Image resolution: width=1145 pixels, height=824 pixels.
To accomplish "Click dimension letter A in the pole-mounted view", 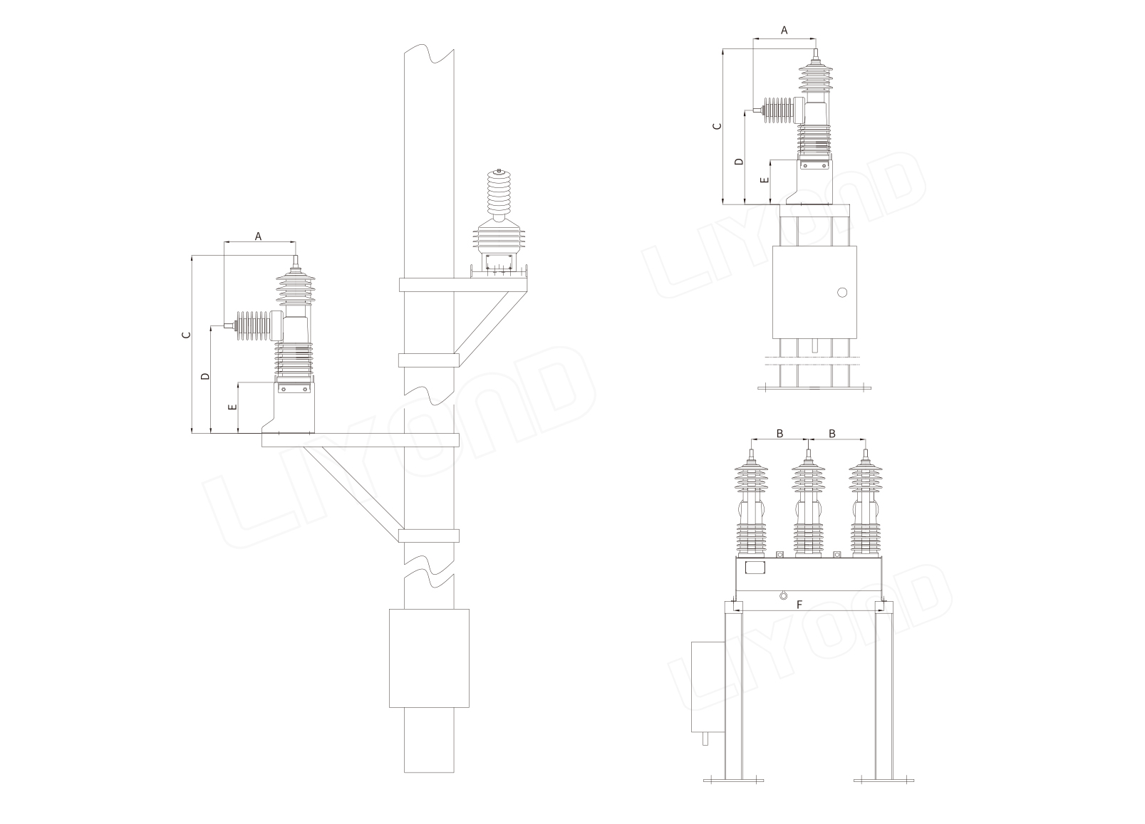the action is pos(258,236).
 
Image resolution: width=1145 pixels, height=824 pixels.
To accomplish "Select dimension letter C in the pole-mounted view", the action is pos(187,335).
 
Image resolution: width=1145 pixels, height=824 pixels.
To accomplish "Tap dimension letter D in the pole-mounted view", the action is pos(205,376).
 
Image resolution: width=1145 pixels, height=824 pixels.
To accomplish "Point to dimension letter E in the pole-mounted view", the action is pos(232,407).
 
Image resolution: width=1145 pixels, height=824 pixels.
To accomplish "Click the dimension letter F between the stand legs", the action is pos(799,605).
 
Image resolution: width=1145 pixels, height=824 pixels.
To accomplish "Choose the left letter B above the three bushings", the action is pos(779,433).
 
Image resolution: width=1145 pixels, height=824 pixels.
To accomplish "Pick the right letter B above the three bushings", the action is pos(831,433).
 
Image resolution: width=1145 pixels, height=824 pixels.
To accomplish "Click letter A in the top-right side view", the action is pos(784,30).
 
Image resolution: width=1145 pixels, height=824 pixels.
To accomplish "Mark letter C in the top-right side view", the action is pos(717,125).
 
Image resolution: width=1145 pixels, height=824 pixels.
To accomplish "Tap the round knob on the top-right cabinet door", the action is pos(842,293).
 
